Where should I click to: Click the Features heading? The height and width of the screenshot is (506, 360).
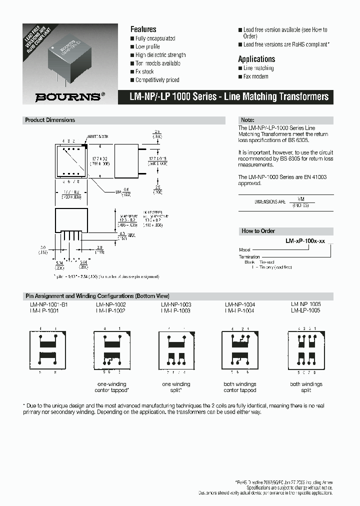tap(143, 29)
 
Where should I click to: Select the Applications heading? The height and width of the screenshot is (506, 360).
tap(256, 59)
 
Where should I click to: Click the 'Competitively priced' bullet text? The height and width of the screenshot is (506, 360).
tap(157, 80)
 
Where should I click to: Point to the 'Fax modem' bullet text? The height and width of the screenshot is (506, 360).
tap(255, 76)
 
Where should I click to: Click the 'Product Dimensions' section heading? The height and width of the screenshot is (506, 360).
tap(50, 120)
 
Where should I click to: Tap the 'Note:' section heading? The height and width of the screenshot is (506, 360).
tap(248, 120)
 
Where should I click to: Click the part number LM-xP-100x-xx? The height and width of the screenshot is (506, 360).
tap(305, 241)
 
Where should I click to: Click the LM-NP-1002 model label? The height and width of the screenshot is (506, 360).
tap(110, 304)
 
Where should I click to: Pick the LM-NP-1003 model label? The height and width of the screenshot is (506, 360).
tap(175, 304)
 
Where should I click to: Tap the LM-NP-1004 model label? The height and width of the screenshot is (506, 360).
tap(239, 304)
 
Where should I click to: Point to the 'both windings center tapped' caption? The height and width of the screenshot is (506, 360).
tap(240, 387)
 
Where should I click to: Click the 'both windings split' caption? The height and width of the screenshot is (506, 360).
tap(306, 387)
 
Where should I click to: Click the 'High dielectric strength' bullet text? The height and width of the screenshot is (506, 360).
tap(160, 55)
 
